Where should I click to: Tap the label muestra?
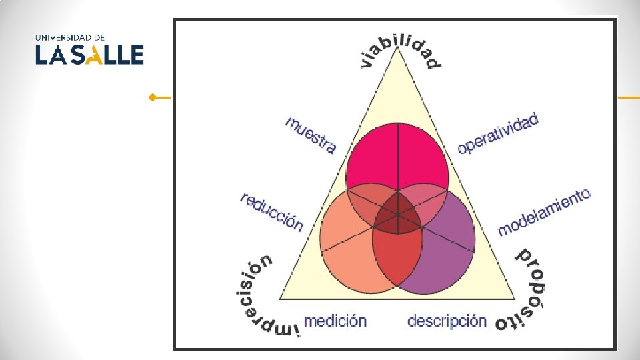click(310, 135)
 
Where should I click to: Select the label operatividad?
click(498, 134)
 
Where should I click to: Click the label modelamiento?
click(544, 212)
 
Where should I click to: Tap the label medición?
click(335, 321)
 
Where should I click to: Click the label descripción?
click(447, 321)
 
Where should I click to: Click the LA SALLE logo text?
click(89, 55)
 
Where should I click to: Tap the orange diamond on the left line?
click(153, 98)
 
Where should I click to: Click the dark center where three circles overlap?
click(397, 215)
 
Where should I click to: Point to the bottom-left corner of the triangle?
click(281, 297)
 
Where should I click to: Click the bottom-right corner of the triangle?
click(515, 297)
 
